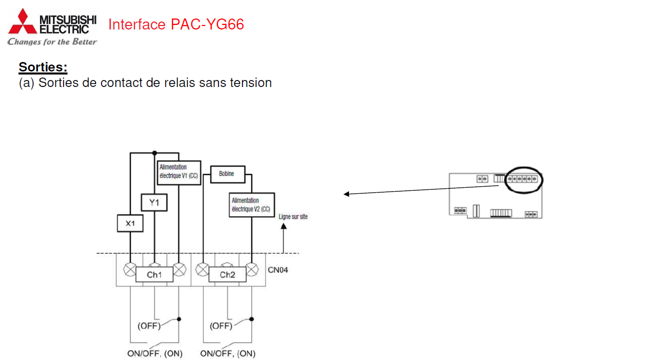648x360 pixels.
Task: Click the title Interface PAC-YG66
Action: click(176, 24)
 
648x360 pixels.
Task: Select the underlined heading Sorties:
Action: click(43, 67)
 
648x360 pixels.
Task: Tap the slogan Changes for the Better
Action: click(52, 42)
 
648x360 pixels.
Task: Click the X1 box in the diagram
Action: click(130, 223)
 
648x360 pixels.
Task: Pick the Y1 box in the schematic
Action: click(154, 202)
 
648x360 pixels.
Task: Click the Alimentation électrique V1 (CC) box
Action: click(179, 172)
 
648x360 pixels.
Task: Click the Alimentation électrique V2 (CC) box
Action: click(252, 204)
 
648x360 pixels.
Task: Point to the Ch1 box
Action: click(154, 274)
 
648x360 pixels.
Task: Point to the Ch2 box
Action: click(227, 274)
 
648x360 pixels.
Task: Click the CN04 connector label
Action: click(277, 270)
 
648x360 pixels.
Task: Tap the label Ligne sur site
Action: click(293, 216)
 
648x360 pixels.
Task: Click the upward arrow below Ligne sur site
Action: click(283, 237)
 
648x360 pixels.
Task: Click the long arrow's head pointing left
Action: click(345, 194)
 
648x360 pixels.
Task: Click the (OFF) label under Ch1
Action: click(149, 326)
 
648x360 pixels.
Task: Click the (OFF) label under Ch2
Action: click(221, 326)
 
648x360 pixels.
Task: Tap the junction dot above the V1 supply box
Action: click(154, 152)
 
